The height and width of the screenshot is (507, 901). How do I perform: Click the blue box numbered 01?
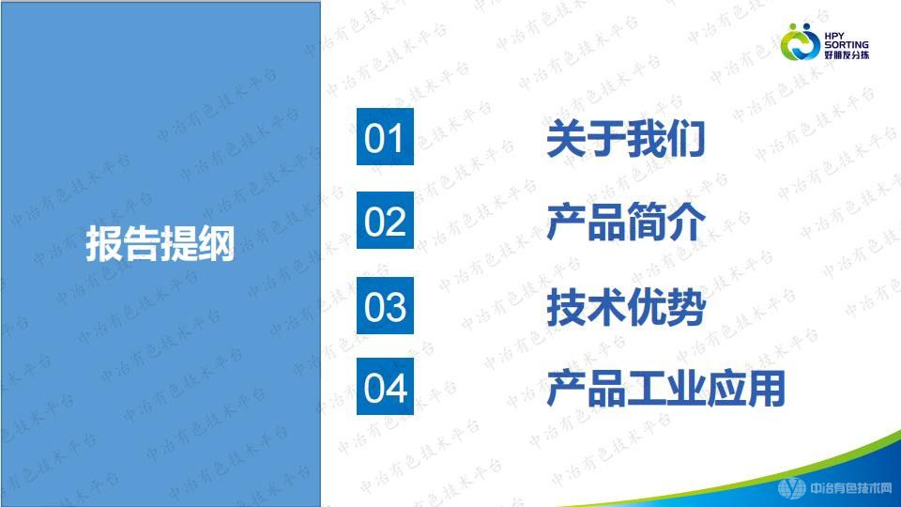tap(384, 138)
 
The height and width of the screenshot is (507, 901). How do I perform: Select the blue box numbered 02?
tap(384, 222)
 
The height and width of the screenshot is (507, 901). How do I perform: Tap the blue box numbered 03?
tap(384, 306)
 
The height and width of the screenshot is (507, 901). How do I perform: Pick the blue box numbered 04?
tap(384, 387)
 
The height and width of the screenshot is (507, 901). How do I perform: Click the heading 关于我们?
tap(625, 140)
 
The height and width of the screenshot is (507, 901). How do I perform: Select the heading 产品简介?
tap(625, 223)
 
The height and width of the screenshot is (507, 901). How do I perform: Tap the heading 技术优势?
tap(625, 307)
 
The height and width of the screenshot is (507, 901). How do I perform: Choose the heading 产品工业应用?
tap(664, 389)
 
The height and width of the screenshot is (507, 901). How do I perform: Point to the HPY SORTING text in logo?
tap(846, 38)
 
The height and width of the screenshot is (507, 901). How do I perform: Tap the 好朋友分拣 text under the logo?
tap(846, 55)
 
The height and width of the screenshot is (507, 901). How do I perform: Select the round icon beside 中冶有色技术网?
tap(792, 488)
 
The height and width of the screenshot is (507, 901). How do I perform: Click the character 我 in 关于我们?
tap(645, 140)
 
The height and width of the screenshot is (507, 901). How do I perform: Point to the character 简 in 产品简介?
tap(645, 223)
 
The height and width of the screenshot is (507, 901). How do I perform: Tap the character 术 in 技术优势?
tap(605, 307)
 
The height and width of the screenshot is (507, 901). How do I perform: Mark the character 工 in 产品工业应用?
tap(645, 389)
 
